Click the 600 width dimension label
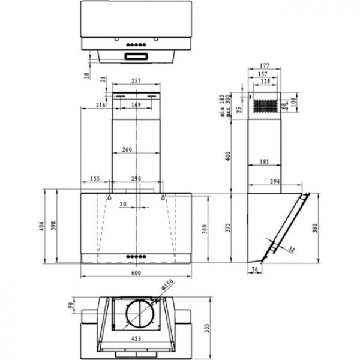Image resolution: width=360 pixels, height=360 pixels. [x=136, y=274]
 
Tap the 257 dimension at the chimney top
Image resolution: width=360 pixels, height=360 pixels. [x=137, y=80]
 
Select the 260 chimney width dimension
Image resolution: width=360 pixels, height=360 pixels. [x=136, y=149]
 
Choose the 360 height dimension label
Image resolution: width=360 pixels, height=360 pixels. [x=204, y=228]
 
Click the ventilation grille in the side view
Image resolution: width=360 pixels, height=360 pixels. [x=265, y=106]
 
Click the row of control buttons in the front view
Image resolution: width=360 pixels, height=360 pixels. [x=136, y=256]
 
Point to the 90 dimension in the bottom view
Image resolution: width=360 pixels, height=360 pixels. [x=71, y=306]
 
